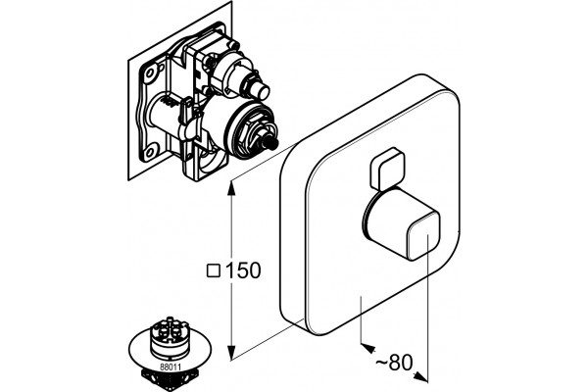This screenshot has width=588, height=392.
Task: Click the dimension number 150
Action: pyautogui.click(x=243, y=270)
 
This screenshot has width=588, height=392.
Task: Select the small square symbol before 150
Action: pyautogui.click(x=214, y=270)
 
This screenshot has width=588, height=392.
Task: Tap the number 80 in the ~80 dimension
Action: pyautogui.click(x=401, y=363)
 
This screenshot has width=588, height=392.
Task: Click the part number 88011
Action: pyautogui.click(x=171, y=367)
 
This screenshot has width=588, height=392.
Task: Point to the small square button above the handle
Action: pyautogui.click(x=388, y=169)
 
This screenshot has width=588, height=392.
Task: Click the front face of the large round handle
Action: pyautogui.click(x=422, y=236)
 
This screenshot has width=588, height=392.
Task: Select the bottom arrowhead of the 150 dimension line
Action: pyautogui.click(x=232, y=354)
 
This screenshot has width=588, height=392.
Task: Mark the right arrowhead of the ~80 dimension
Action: pyautogui.click(x=420, y=377)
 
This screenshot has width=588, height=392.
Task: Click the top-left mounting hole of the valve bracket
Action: pyautogui.click(x=152, y=72)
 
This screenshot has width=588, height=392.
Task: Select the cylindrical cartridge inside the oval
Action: pyautogui.click(x=169, y=337)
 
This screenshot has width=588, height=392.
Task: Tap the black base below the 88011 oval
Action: pyautogui.click(x=170, y=381)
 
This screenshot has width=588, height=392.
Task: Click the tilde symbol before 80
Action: pyautogui.click(x=381, y=363)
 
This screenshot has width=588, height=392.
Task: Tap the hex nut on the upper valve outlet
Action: pyautogui.click(x=250, y=81)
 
